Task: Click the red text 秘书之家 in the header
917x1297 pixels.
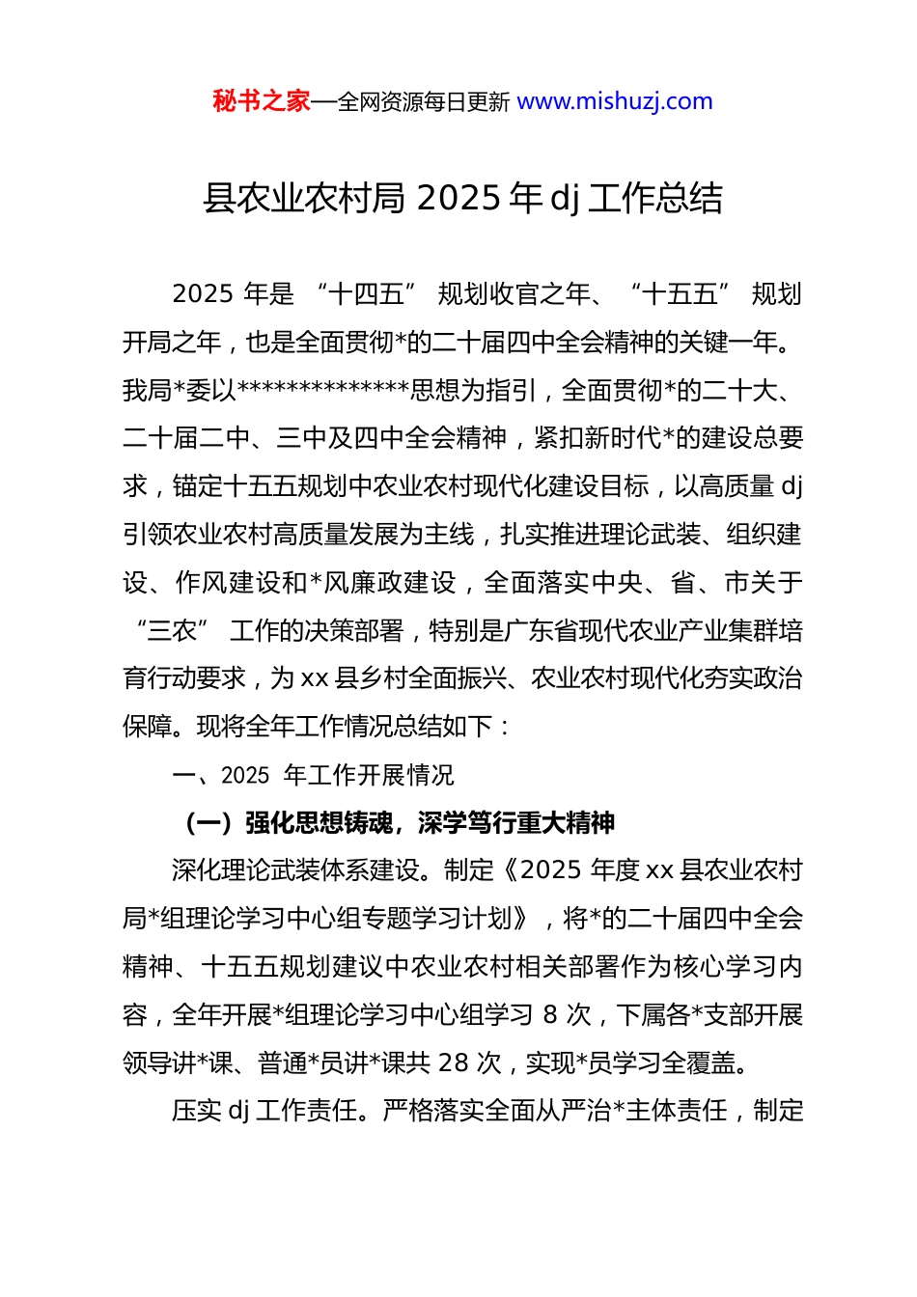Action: [261, 101]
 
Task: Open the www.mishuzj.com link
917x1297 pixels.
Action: [615, 101]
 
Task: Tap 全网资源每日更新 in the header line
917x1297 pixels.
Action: [424, 101]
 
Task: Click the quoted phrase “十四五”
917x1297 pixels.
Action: [366, 294]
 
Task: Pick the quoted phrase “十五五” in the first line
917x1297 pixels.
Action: [680, 294]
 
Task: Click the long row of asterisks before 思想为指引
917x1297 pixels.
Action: [323, 391]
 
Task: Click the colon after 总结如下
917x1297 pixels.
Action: [507, 727]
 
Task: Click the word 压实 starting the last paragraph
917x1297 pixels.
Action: [196, 1112]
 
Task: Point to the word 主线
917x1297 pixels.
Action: [450, 535]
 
